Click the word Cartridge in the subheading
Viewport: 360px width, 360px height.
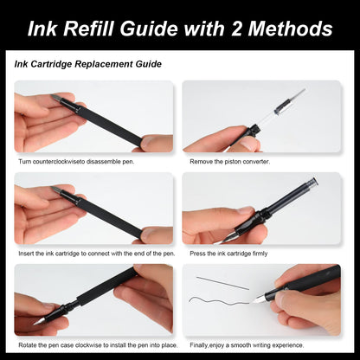point(51,64)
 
